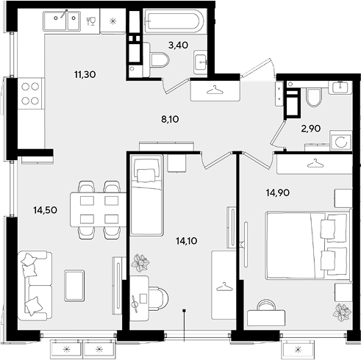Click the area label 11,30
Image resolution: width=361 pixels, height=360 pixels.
click(x=85, y=74)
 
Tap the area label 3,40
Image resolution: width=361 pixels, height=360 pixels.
click(x=178, y=45)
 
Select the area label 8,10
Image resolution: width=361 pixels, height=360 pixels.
click(x=170, y=119)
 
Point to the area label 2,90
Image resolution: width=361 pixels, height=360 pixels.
click(x=311, y=129)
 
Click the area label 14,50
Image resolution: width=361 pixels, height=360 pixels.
click(x=46, y=210)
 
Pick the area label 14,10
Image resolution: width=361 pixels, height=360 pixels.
click(x=187, y=241)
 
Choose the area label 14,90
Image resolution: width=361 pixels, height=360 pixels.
click(x=278, y=192)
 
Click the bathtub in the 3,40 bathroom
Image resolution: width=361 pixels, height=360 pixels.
click(x=174, y=21)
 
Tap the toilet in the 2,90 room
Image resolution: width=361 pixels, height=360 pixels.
click(x=313, y=98)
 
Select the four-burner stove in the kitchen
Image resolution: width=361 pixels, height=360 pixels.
click(x=30, y=93)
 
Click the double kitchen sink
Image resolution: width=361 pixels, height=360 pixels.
click(x=62, y=21)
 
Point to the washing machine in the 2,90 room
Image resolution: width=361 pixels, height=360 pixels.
click(x=341, y=141)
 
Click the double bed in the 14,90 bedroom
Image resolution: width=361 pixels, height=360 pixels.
click(x=309, y=245)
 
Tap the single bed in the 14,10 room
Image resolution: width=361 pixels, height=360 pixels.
click(x=146, y=195)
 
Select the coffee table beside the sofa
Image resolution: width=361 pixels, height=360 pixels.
click(x=74, y=286)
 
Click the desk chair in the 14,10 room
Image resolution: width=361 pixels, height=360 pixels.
click(x=158, y=298)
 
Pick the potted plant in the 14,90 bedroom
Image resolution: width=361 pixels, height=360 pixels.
click(x=340, y=312)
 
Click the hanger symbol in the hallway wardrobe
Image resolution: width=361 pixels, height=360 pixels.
click(x=215, y=90)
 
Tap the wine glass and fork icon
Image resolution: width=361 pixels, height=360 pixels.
click(x=91, y=21)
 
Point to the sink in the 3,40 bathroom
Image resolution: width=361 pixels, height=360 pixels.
click(x=201, y=62)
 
